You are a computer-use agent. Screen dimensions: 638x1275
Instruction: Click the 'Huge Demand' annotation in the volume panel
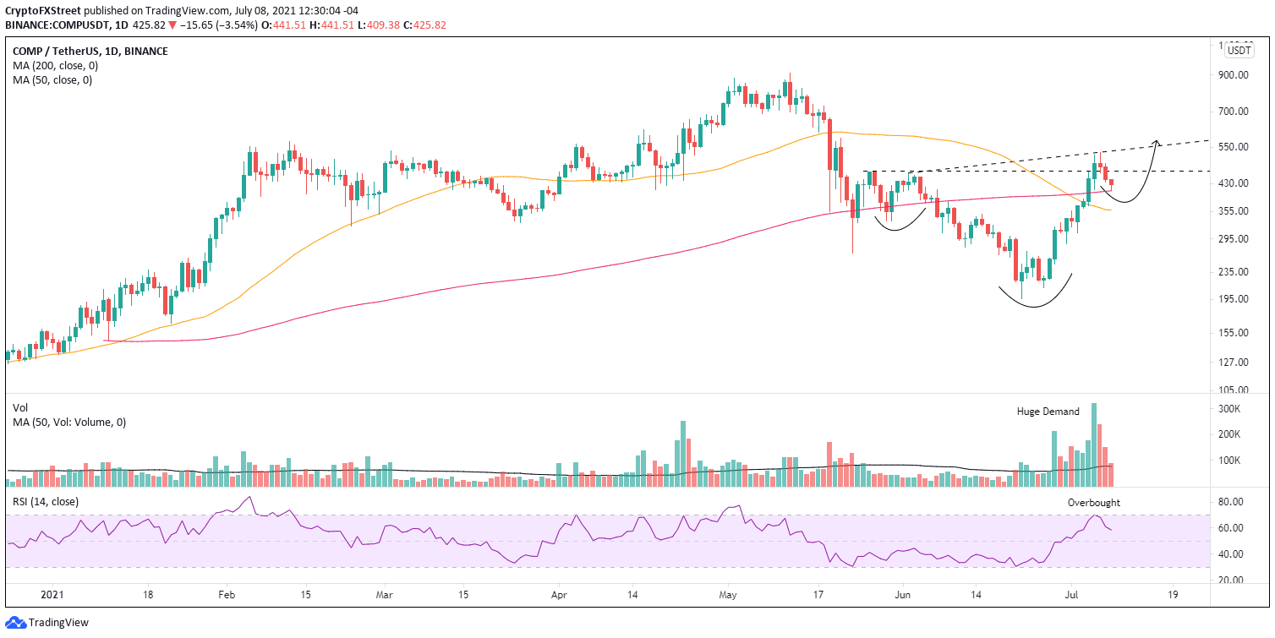pos(1048,412)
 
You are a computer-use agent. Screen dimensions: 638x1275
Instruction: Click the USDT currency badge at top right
pos(1239,51)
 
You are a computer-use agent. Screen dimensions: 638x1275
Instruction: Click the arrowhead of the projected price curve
pos(1156,140)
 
